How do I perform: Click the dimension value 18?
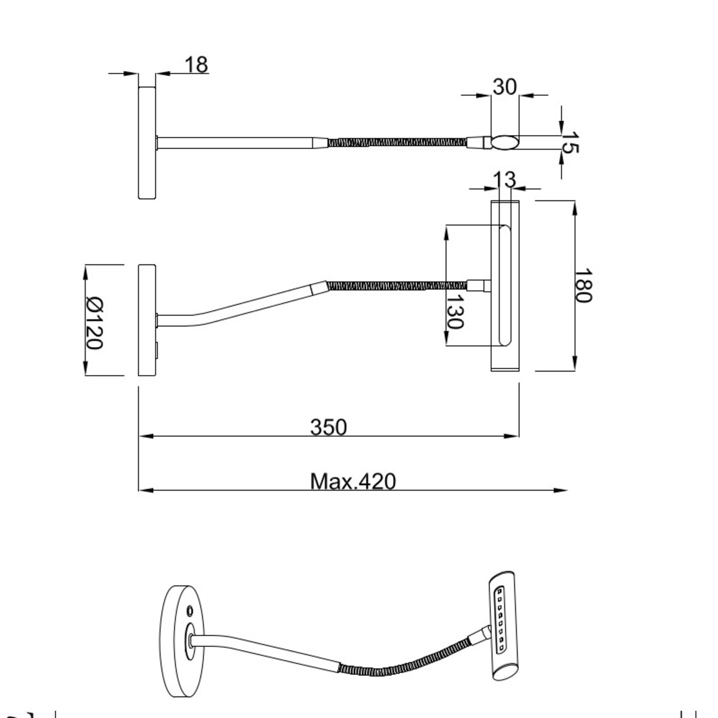click(196, 64)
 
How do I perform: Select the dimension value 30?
click(504, 87)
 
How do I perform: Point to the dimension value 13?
click(504, 178)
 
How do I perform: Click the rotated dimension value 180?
click(583, 286)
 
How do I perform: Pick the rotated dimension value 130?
click(455, 311)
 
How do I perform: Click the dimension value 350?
click(328, 427)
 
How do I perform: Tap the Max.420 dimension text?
click(353, 481)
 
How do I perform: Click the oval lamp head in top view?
click(506, 142)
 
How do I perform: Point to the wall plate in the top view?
click(147, 142)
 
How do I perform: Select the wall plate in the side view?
click(147, 320)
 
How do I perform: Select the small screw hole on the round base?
click(190, 611)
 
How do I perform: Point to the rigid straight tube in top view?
click(236, 142)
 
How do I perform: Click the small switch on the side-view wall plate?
click(157, 349)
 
